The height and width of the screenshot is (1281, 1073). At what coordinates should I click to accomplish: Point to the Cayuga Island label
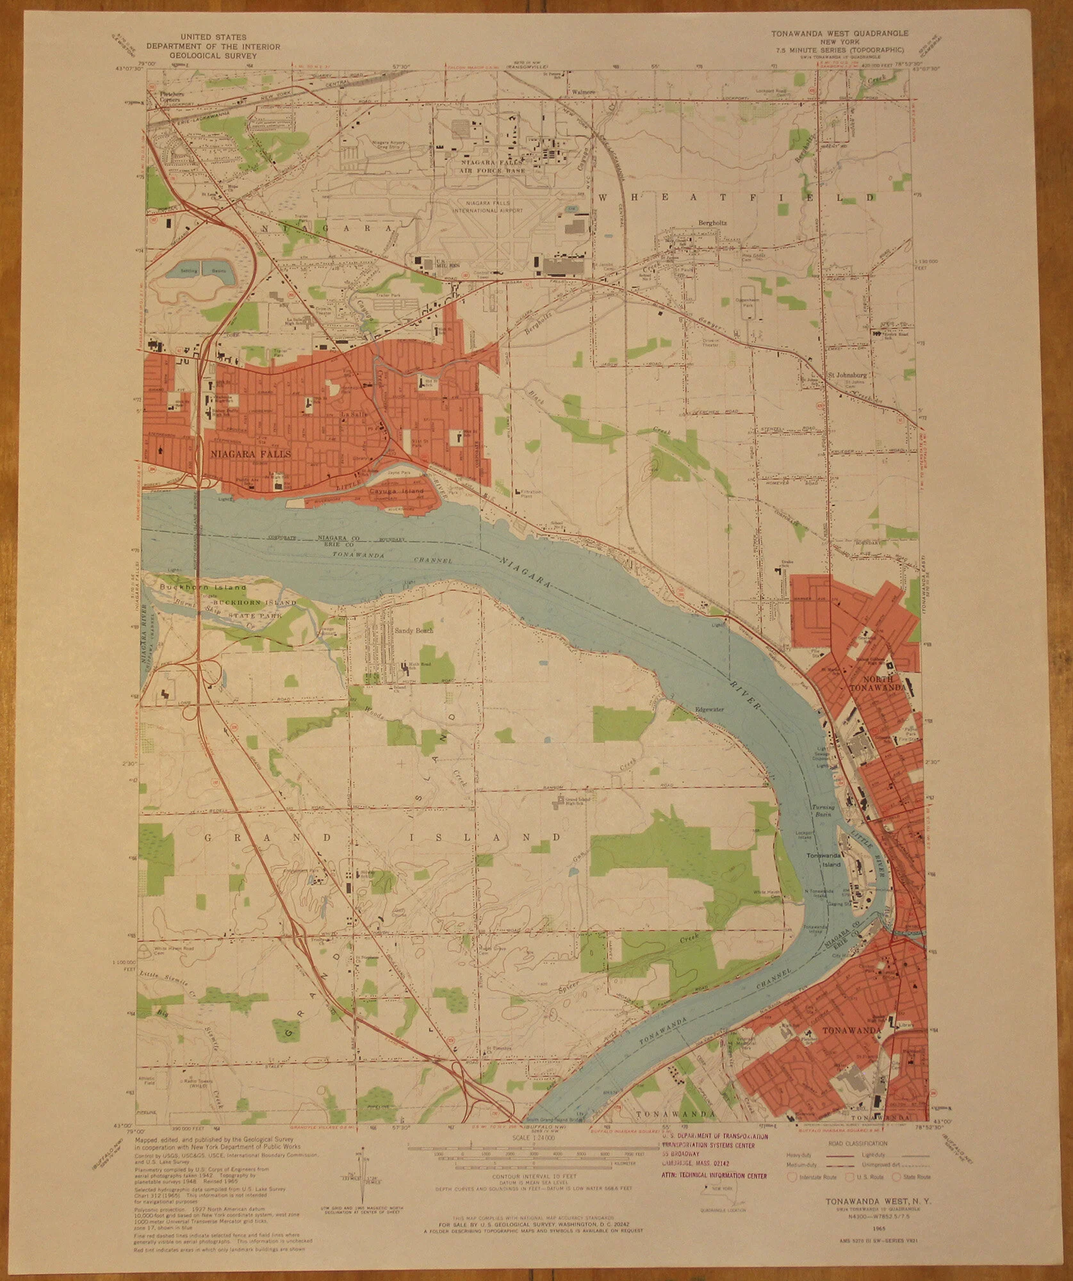(397, 492)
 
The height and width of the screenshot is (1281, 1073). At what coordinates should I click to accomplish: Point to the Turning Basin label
(823, 810)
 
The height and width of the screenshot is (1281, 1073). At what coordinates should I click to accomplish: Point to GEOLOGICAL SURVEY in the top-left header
(213, 55)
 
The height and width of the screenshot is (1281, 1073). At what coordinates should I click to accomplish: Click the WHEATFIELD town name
(737, 198)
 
